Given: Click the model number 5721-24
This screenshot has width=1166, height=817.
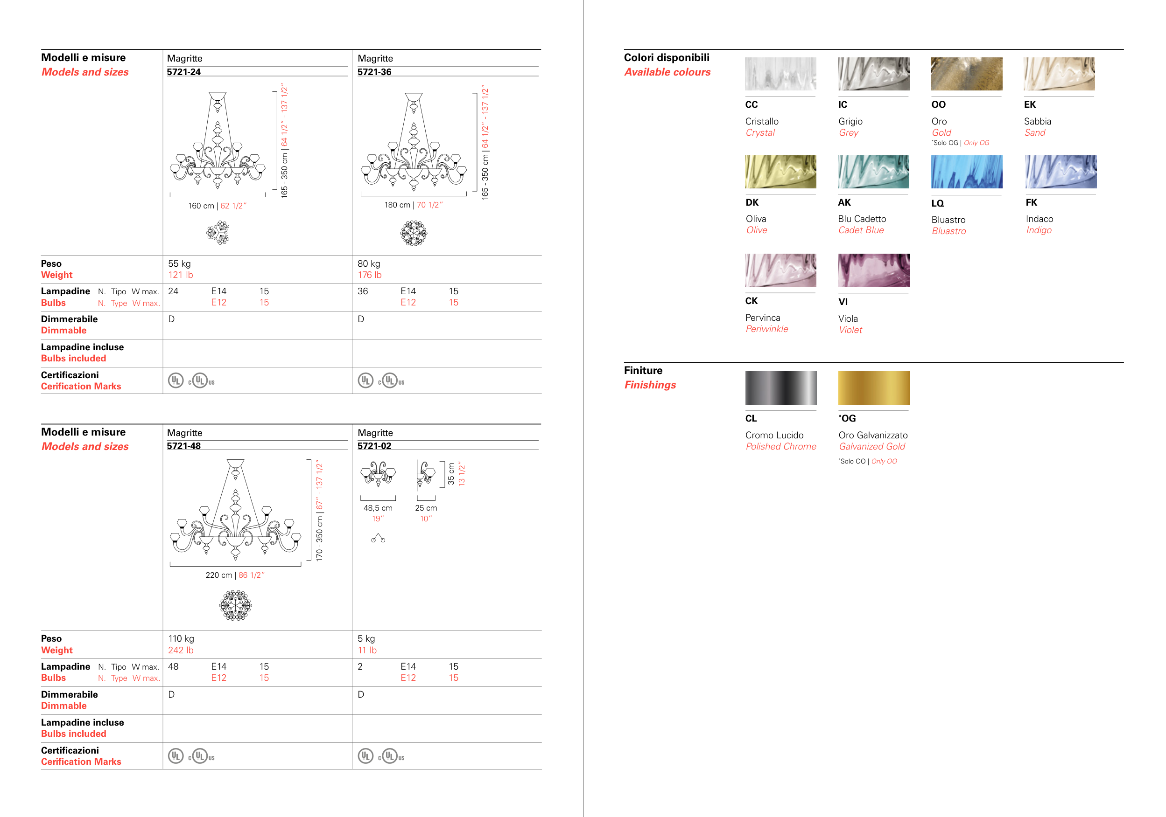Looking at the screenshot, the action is click(x=184, y=72).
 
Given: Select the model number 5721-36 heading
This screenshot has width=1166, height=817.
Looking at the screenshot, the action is click(x=374, y=72).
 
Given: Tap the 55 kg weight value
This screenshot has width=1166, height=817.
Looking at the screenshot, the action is click(x=179, y=264).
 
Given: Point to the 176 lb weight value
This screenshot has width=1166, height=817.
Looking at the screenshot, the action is click(x=370, y=275).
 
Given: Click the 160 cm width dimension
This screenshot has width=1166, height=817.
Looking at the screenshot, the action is click(x=201, y=206).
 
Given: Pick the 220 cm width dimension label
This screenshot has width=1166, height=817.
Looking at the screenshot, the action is click(x=219, y=575).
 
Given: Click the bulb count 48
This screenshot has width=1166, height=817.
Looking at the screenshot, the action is click(x=173, y=667).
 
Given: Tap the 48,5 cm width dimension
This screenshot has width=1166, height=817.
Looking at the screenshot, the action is click(x=378, y=508).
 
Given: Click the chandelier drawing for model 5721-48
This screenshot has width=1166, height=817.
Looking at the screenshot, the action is click(x=236, y=510).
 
